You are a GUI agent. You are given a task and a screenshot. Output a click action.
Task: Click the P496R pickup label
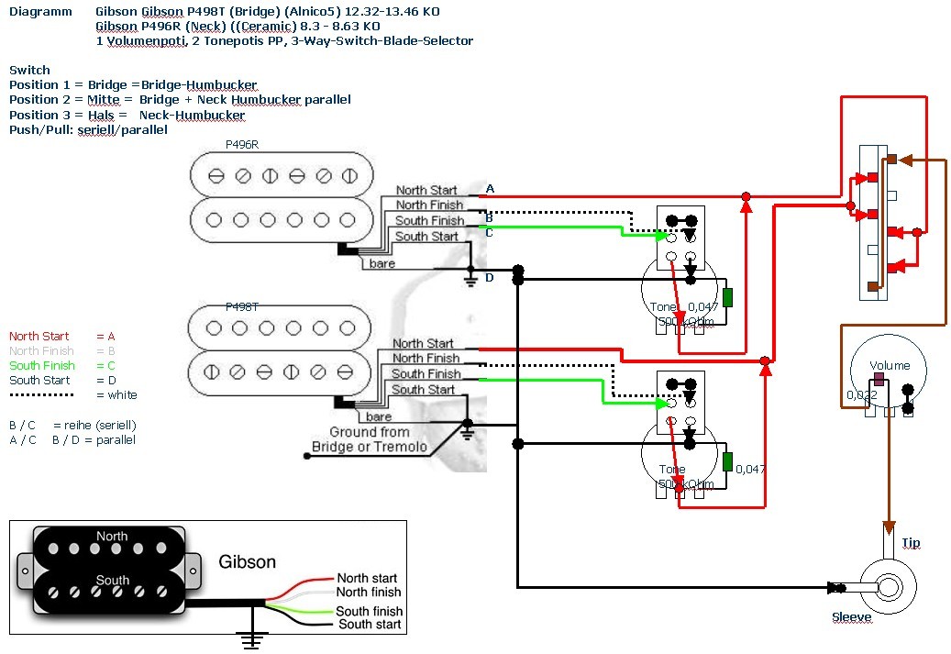(x=243, y=145)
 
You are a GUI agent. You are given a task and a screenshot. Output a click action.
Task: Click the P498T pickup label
(x=243, y=308)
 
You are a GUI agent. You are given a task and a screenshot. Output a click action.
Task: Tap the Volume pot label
(x=890, y=366)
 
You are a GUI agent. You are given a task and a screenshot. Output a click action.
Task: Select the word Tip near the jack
(x=910, y=543)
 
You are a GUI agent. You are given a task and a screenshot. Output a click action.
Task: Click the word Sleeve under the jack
(x=851, y=617)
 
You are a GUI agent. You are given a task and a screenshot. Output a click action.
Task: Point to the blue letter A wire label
(x=490, y=189)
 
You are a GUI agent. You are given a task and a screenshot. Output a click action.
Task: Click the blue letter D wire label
(x=489, y=277)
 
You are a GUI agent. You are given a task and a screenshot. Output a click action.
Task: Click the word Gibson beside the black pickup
(x=247, y=561)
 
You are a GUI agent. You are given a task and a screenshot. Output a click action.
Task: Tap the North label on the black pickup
(x=112, y=537)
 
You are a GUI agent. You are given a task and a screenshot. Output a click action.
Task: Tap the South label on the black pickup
(x=112, y=580)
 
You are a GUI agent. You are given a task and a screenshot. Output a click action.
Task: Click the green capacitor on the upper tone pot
(x=727, y=297)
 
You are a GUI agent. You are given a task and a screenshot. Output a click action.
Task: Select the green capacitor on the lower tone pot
(x=727, y=461)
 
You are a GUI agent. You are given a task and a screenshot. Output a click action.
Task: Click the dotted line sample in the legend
(x=40, y=395)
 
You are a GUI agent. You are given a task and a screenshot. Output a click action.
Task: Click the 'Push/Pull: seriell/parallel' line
(x=88, y=130)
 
